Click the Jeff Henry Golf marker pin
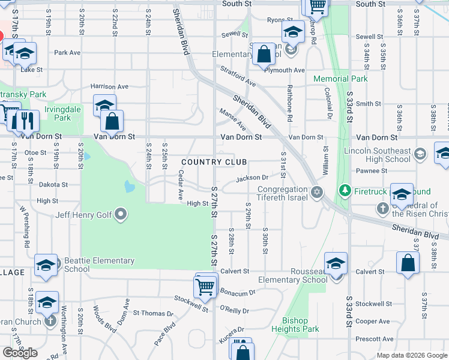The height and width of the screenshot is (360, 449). (121, 214)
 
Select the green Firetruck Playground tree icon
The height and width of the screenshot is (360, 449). (345, 191)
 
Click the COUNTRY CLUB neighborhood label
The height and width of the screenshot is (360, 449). (214, 163)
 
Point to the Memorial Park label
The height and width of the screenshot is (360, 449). (340, 79)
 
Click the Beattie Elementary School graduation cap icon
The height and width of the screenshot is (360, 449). (46, 265)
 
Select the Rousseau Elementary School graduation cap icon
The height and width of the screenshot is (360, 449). (336, 263)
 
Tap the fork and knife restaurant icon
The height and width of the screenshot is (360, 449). (26, 121)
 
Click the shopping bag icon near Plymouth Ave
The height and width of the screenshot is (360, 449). (263, 54)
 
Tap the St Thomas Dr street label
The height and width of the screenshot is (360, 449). (153, 313)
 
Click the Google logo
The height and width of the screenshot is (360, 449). (20, 353)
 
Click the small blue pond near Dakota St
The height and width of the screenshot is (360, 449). (130, 186)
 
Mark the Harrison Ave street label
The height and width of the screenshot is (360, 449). (109, 86)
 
